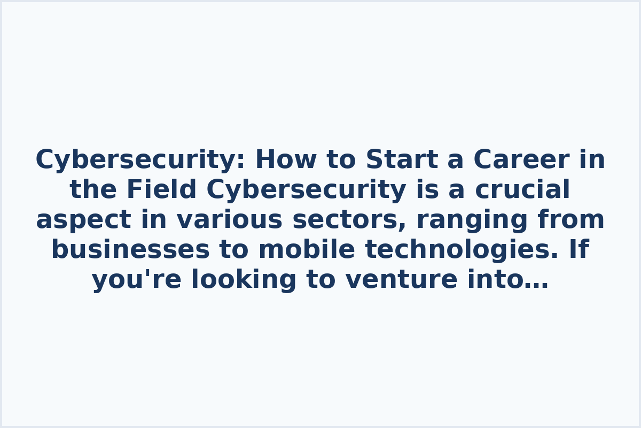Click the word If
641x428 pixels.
click(x=579, y=250)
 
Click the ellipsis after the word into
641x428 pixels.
click(x=536, y=280)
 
